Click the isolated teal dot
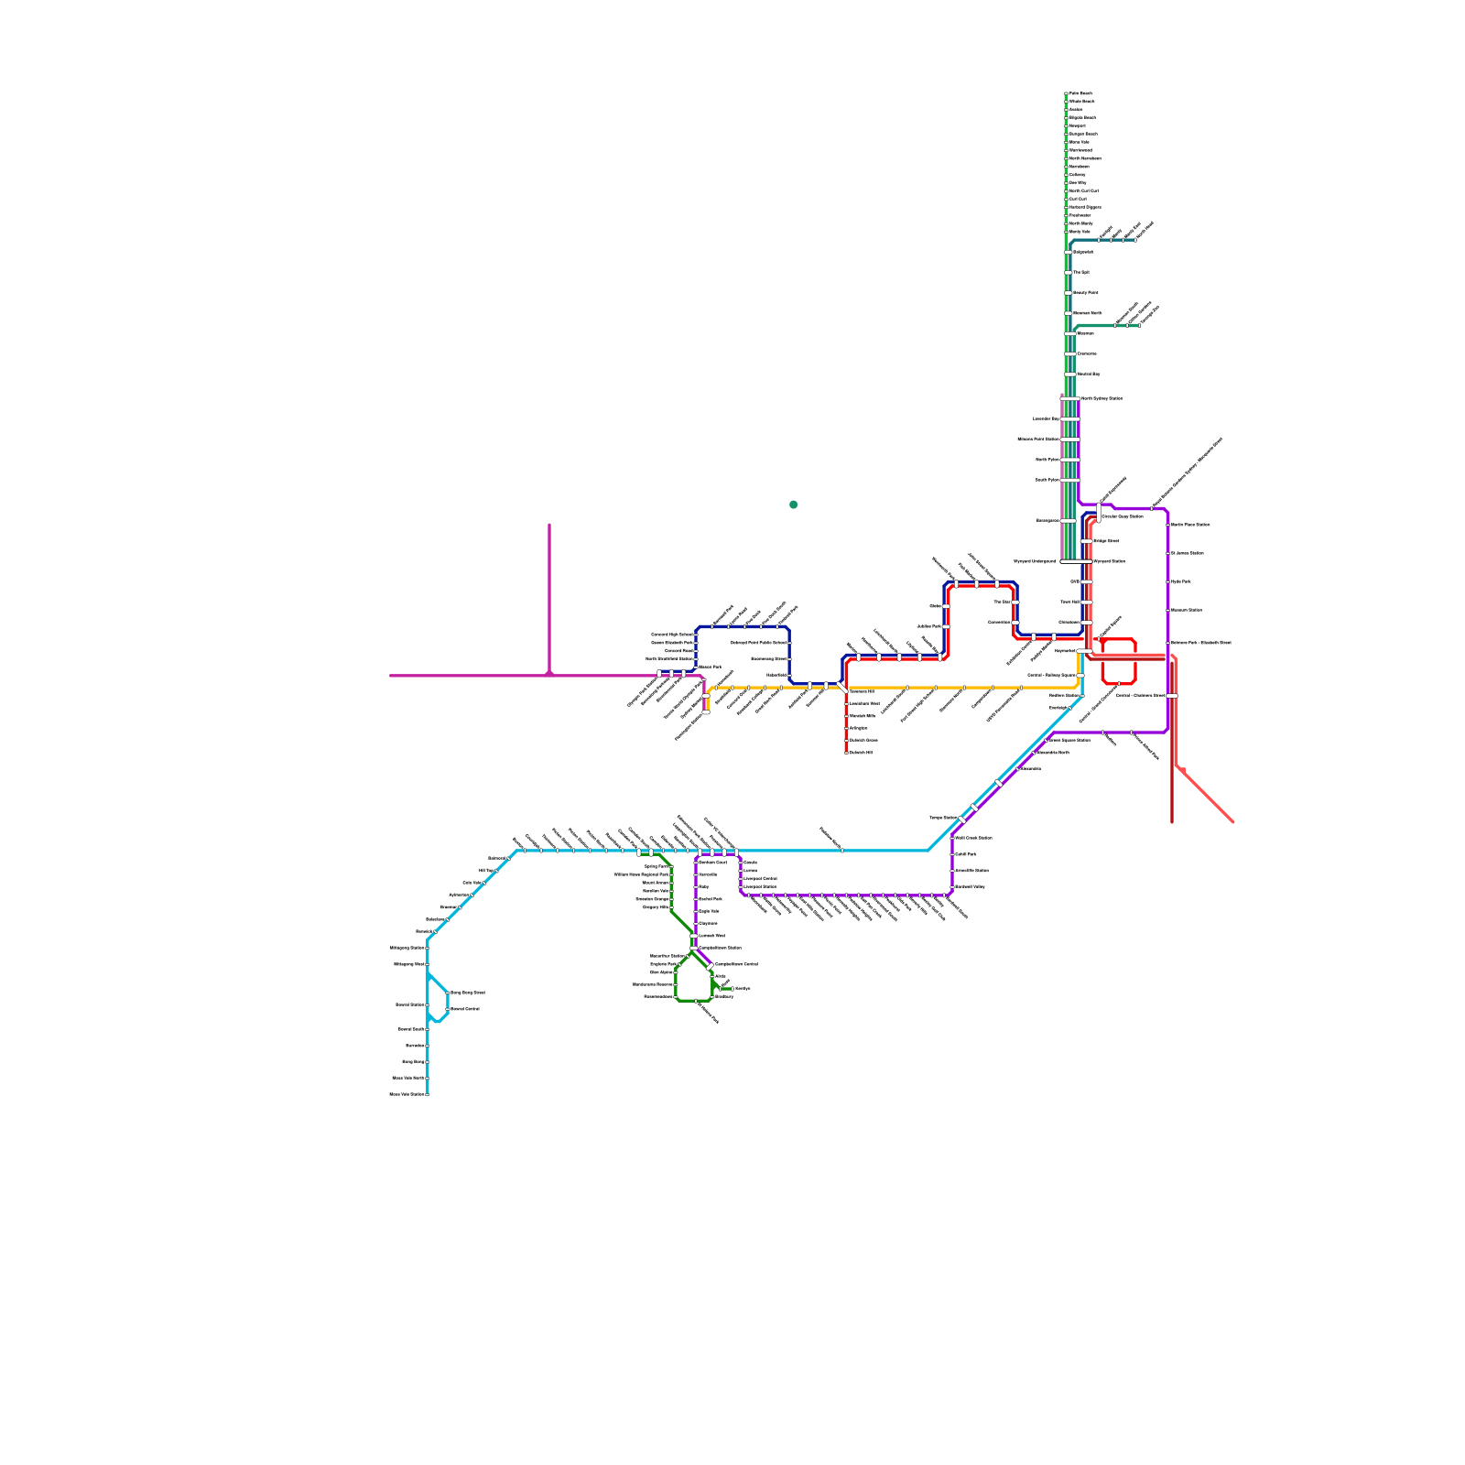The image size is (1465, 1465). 793,505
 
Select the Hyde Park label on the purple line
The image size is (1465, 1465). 1181,581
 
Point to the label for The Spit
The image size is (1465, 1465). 1081,272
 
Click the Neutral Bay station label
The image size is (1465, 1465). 1089,374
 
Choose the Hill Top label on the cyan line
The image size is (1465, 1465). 486,871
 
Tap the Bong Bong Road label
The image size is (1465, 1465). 468,993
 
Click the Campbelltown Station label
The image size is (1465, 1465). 721,948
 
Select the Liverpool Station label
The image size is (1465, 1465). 761,886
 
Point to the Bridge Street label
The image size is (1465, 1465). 1106,541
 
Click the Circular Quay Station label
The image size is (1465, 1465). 1123,516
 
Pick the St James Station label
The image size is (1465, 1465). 1188,553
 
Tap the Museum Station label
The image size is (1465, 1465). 1187,610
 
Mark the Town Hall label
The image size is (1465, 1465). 1070,602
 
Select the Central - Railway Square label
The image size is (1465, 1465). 1051,676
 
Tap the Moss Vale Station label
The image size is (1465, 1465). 407,1094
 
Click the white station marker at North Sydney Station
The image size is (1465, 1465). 1070,399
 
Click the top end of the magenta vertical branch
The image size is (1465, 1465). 549,526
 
